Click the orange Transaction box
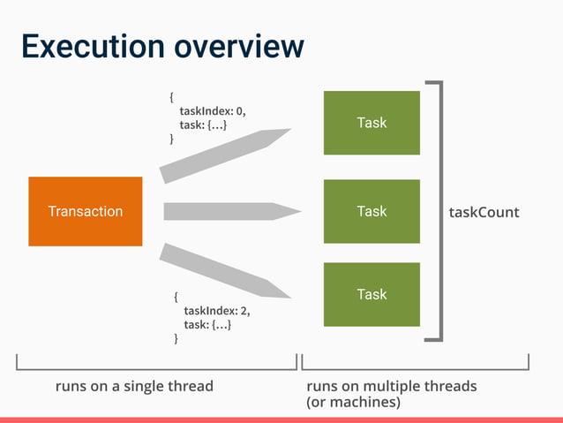click(86, 211)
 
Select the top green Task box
click(372, 123)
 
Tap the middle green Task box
click(372, 211)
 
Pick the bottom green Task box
click(372, 294)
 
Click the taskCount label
click(484, 212)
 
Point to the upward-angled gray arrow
click(225, 155)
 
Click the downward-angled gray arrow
click(225, 269)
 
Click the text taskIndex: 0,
click(213, 111)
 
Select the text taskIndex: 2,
click(217, 311)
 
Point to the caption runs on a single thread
click(134, 386)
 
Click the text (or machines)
click(353, 403)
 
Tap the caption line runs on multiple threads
click(391, 386)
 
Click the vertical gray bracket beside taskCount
click(439, 212)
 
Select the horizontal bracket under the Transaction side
click(156, 367)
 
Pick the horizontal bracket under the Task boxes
click(415, 367)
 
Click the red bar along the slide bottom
click(281, 419)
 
